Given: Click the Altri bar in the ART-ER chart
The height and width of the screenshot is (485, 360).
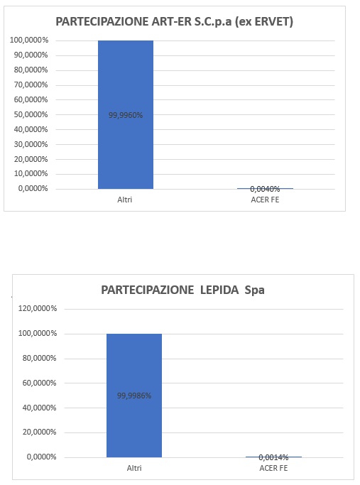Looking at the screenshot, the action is pyautogui.click(x=126, y=114).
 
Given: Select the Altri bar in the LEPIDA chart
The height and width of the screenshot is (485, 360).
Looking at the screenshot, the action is pyautogui.click(x=134, y=396).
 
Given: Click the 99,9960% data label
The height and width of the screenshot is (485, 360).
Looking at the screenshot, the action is pyautogui.click(x=126, y=115).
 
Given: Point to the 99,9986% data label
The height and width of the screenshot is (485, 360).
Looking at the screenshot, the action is pyautogui.click(x=134, y=396).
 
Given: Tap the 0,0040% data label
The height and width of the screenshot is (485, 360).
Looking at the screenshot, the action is pyautogui.click(x=265, y=189).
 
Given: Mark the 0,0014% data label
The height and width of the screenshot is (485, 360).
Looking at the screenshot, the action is pyautogui.click(x=273, y=457).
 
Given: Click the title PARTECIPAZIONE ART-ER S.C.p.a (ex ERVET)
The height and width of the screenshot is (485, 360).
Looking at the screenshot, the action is pyautogui.click(x=175, y=21).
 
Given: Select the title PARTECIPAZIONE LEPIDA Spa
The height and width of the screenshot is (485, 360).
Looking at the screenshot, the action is pyautogui.click(x=182, y=290).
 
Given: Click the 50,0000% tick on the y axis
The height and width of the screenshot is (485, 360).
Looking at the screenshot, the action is pyautogui.click(x=31, y=114).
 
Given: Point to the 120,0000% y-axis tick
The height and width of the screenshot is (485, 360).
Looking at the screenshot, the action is pyautogui.click(x=38, y=308).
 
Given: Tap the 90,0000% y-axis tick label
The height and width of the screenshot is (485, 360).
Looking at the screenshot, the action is pyautogui.click(x=31, y=55).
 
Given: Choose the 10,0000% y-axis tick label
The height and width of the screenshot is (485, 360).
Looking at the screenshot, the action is pyautogui.click(x=31, y=174).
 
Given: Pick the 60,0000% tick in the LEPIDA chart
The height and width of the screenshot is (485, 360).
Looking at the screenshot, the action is pyautogui.click(x=39, y=383).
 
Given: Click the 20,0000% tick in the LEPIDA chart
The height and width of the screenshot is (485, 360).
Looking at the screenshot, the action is pyautogui.click(x=39, y=432).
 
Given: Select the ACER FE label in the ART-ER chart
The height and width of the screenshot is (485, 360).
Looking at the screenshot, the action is pyautogui.click(x=265, y=200).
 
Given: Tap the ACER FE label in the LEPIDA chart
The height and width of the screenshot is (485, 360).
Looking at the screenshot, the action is pyautogui.click(x=273, y=468).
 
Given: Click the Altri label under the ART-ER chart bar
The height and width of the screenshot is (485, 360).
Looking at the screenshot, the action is pyautogui.click(x=125, y=200).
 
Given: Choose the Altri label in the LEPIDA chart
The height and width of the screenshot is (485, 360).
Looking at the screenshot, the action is pyautogui.click(x=134, y=468).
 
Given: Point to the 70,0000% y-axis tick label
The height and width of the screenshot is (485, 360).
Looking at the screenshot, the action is pyautogui.click(x=31, y=85).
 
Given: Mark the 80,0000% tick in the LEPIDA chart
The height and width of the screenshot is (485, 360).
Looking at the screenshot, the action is pyautogui.click(x=39, y=358).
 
